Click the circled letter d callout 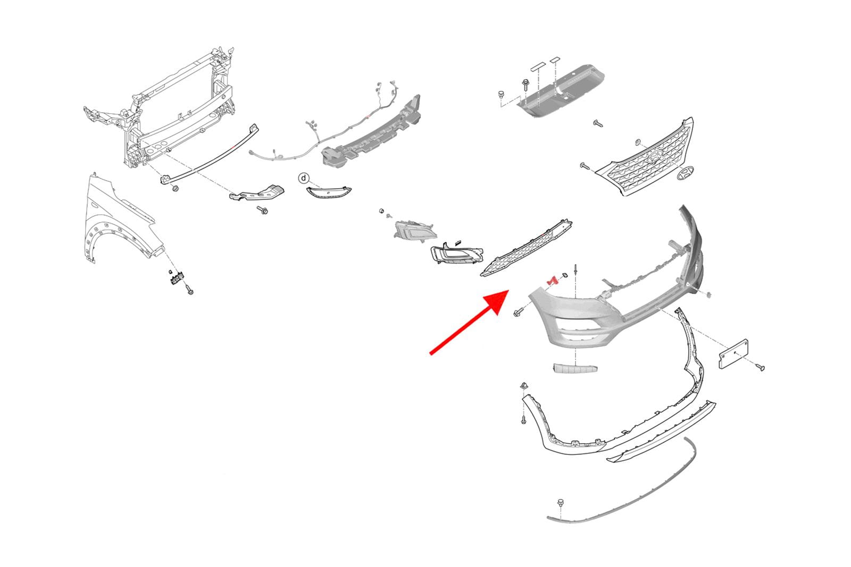(304, 178)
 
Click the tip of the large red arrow (508, 290)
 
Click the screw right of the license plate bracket (760, 367)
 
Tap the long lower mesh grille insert (526, 248)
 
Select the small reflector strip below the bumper (575, 368)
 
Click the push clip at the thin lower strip (560, 504)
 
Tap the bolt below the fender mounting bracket (189, 290)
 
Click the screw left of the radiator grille (585, 166)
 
